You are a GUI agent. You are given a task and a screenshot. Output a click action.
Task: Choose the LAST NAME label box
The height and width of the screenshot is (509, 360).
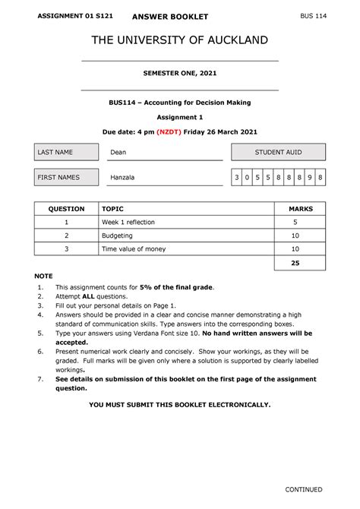65,152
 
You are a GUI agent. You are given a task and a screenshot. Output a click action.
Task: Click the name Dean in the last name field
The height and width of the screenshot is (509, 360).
118,152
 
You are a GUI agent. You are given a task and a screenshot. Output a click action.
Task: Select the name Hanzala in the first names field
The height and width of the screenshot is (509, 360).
123,178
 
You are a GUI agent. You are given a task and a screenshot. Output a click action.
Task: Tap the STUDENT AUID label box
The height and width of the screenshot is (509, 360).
278,152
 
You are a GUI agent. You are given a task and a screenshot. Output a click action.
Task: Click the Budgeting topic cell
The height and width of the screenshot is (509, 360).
118,236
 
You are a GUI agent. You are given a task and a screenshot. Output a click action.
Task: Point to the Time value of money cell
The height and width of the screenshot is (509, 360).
134,249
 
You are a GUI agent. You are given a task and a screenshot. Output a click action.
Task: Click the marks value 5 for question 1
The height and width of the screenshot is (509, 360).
295,222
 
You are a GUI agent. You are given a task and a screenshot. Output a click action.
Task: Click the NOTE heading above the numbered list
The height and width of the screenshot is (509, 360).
44,277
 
